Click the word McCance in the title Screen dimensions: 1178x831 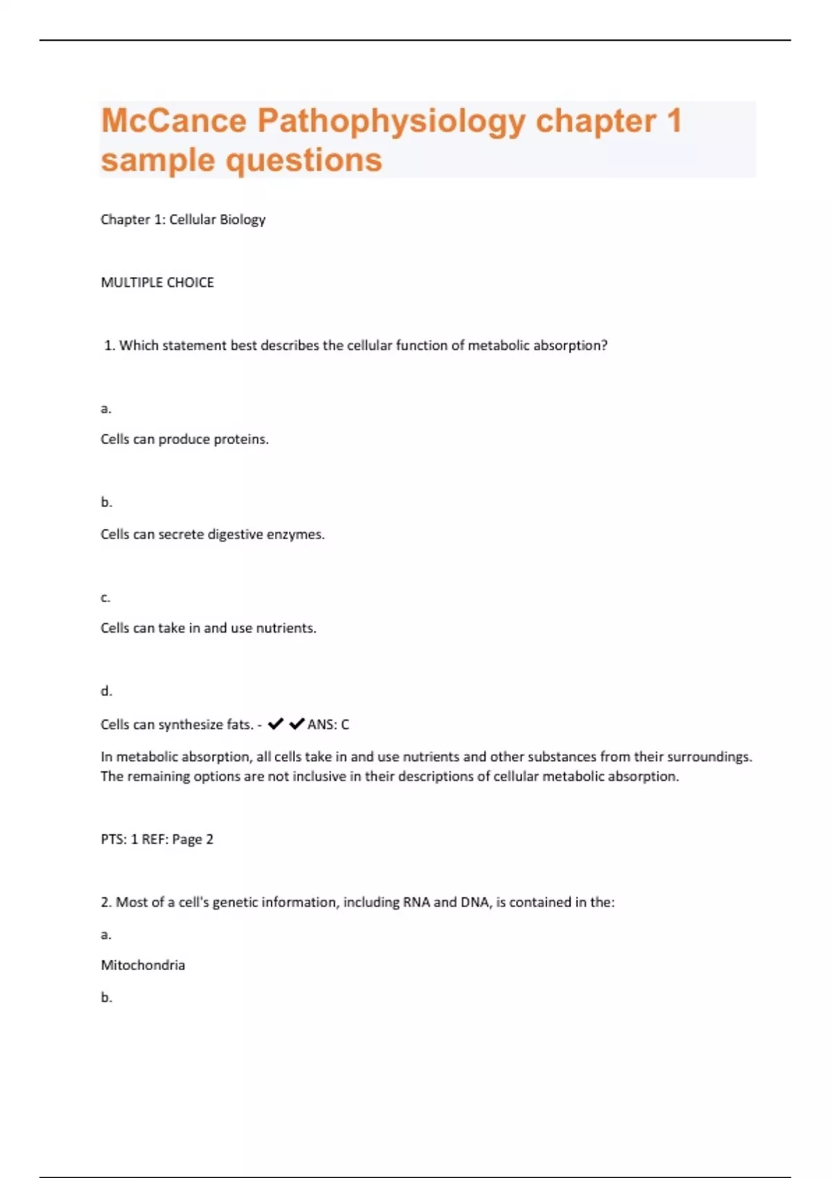[x=174, y=121]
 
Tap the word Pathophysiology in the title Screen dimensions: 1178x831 [x=391, y=122]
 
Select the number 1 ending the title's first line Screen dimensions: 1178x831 [x=674, y=121]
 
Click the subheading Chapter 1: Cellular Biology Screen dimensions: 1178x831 [x=183, y=220]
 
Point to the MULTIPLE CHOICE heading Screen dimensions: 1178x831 [x=157, y=283]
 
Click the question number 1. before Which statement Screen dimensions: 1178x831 [x=109, y=346]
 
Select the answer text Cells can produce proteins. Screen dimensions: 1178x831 [x=184, y=439]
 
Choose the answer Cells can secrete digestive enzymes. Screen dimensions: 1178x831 [x=213, y=534]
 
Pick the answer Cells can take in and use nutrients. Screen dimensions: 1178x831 [x=208, y=628]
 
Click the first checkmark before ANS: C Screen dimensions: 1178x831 [x=276, y=724]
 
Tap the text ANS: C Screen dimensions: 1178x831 [x=328, y=725]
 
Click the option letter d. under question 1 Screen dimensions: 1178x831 [x=106, y=691]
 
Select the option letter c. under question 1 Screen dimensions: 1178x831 [x=105, y=597]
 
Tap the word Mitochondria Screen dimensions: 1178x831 [x=143, y=965]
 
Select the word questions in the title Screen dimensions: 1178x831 [x=304, y=161]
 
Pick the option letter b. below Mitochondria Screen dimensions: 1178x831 [x=106, y=998]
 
